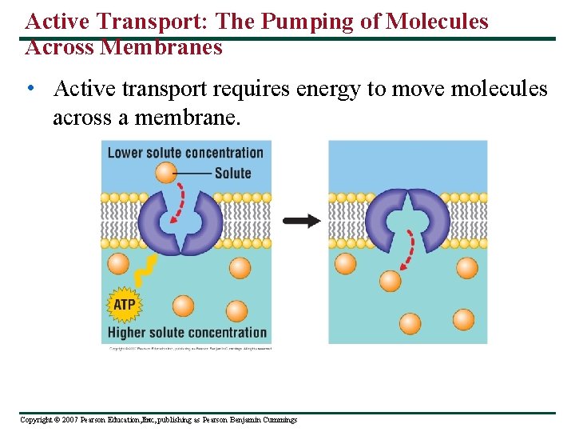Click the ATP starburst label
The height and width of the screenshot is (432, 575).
124,304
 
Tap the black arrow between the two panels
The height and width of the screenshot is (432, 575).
302,221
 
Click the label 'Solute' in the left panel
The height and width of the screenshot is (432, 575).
232,173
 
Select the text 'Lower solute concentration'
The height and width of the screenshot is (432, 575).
185,153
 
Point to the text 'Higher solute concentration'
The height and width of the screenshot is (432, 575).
187,332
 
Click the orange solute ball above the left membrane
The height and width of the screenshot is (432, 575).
166,172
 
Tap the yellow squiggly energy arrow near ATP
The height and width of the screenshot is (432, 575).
145,271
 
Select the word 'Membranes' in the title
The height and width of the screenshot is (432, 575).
161,47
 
